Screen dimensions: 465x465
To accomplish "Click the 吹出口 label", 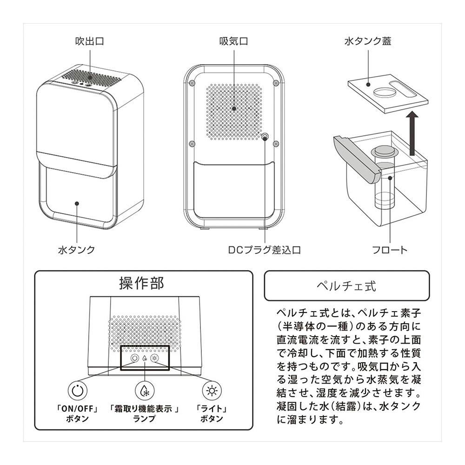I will click(x=90, y=41).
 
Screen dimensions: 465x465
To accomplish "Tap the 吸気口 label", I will click(x=233, y=41).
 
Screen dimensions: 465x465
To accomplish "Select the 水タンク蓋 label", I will click(x=368, y=41).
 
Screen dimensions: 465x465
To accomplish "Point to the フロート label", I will click(x=390, y=250).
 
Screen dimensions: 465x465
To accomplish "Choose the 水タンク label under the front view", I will click(x=77, y=250).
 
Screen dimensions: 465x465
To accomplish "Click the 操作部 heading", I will click(x=142, y=283).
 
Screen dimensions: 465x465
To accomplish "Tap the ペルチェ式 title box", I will click(x=347, y=286).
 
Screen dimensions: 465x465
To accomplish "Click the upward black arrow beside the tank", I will click(x=412, y=133).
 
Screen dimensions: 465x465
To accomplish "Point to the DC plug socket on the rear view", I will click(x=265, y=137).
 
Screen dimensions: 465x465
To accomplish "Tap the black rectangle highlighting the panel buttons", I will click(x=145, y=358).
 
